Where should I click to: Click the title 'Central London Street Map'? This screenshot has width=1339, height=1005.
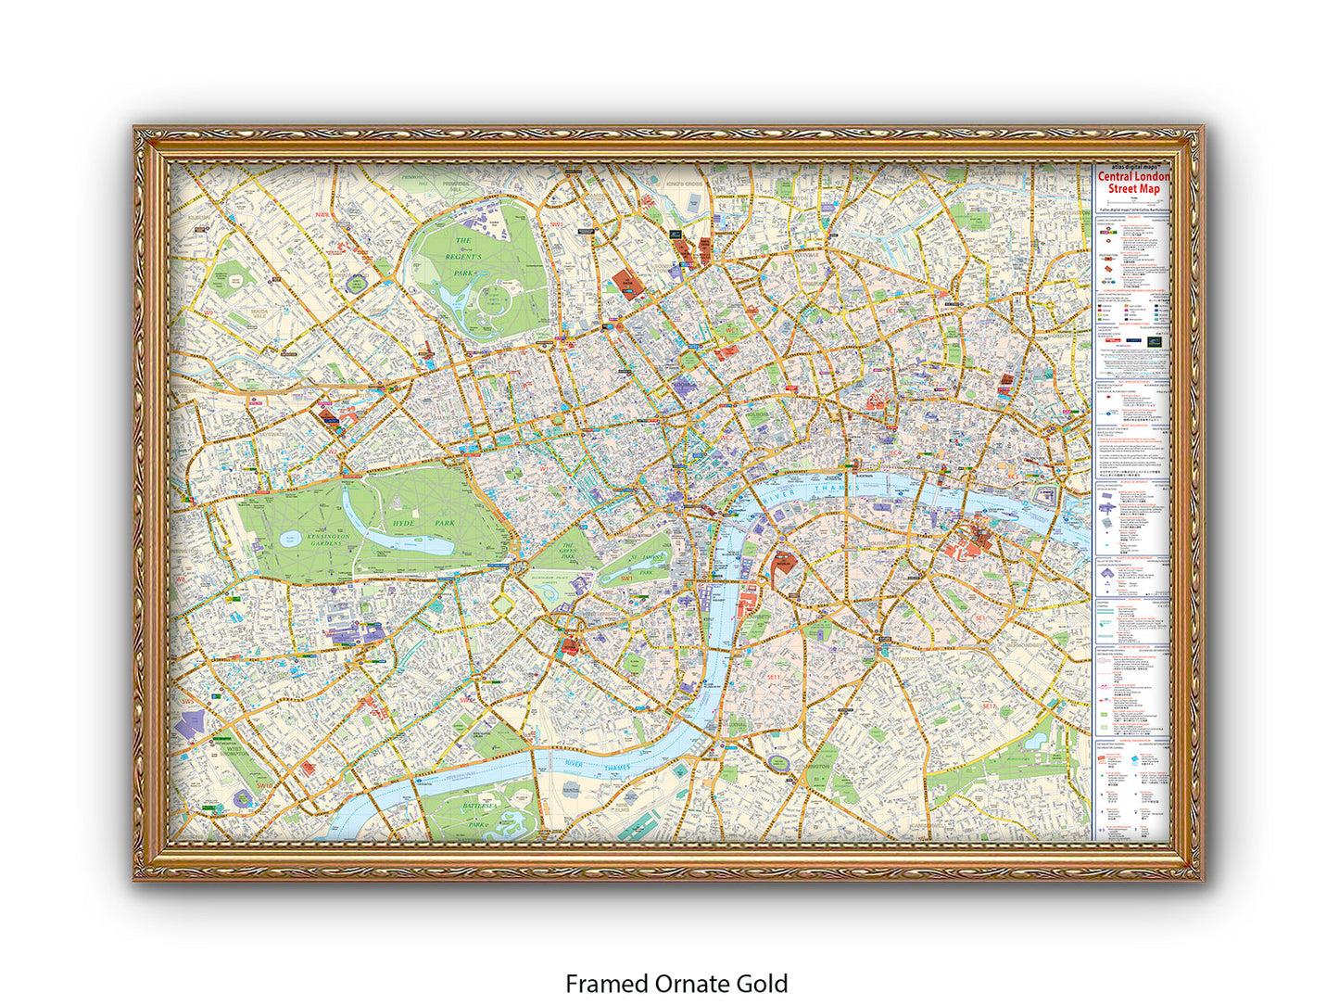coord(1133,183)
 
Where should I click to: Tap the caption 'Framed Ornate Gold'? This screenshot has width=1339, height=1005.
coord(676,983)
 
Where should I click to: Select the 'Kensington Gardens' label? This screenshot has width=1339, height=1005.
coord(328,539)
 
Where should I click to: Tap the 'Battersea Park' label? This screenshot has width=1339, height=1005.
coord(477,815)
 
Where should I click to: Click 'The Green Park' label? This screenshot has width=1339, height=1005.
coord(566,552)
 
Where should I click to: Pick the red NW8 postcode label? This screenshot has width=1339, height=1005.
coord(322,215)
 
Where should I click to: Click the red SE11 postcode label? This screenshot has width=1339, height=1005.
coord(774,678)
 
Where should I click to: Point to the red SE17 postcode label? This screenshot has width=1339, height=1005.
coord(989,706)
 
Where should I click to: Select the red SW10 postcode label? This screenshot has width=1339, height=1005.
coord(265,785)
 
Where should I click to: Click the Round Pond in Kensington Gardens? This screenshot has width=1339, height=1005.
coord(289,539)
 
